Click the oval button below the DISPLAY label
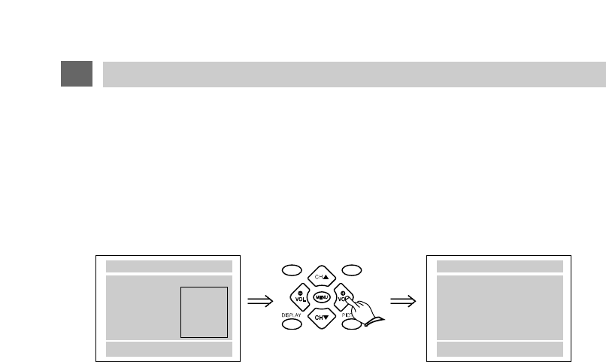click(292, 325)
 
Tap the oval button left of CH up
click(292, 269)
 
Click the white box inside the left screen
click(205, 312)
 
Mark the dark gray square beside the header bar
click(77, 74)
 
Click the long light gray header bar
click(353, 74)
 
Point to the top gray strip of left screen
click(168, 266)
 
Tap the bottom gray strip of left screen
click(168, 348)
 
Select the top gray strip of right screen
click(499, 266)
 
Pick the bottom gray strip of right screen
click(499, 348)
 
